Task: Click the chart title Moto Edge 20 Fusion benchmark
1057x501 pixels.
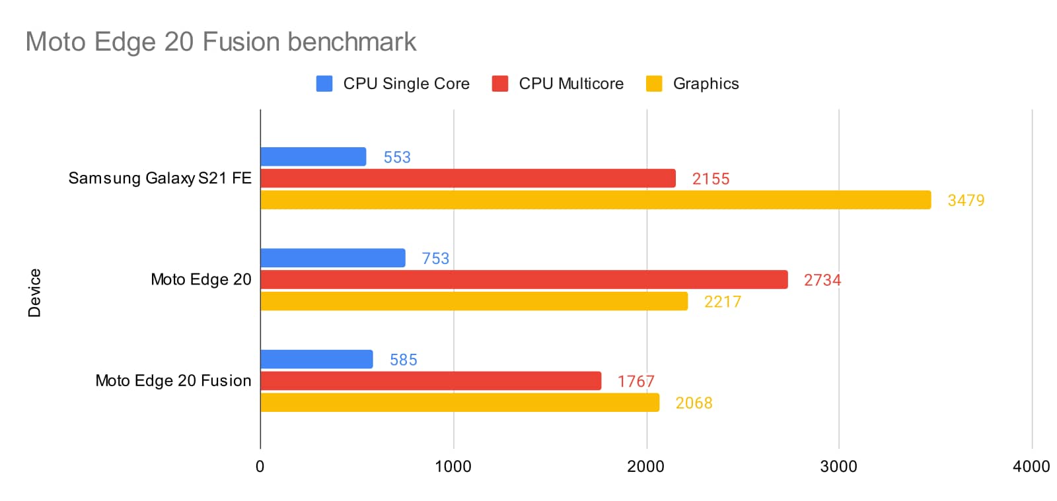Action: tap(221, 42)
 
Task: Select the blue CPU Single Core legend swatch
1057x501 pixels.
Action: tap(324, 84)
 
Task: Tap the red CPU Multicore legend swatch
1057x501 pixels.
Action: tap(500, 84)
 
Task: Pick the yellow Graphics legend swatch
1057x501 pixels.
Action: tap(654, 84)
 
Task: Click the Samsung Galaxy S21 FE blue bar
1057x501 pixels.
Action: tap(313, 157)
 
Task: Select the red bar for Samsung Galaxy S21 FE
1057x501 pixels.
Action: tap(468, 178)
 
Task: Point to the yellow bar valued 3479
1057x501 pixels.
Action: tap(595, 200)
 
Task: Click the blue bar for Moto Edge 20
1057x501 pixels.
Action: tap(333, 258)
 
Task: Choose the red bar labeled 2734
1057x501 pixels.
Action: tap(524, 280)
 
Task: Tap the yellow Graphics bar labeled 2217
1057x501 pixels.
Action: tap(474, 302)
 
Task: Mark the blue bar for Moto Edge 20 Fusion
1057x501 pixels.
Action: tap(316, 360)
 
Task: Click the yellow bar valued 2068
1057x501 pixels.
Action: tap(460, 403)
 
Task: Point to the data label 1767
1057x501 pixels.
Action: tap(636, 382)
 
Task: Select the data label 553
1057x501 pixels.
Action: tap(397, 157)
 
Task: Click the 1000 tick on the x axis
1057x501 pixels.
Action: tap(453, 467)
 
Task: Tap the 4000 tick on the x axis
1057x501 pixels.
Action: tap(1031, 467)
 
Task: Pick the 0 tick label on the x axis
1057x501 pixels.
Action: tap(260, 467)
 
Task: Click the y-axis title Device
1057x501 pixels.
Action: tap(34, 292)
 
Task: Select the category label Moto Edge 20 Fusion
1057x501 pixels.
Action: tap(173, 381)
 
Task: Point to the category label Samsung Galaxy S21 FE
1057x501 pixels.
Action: tap(160, 178)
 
